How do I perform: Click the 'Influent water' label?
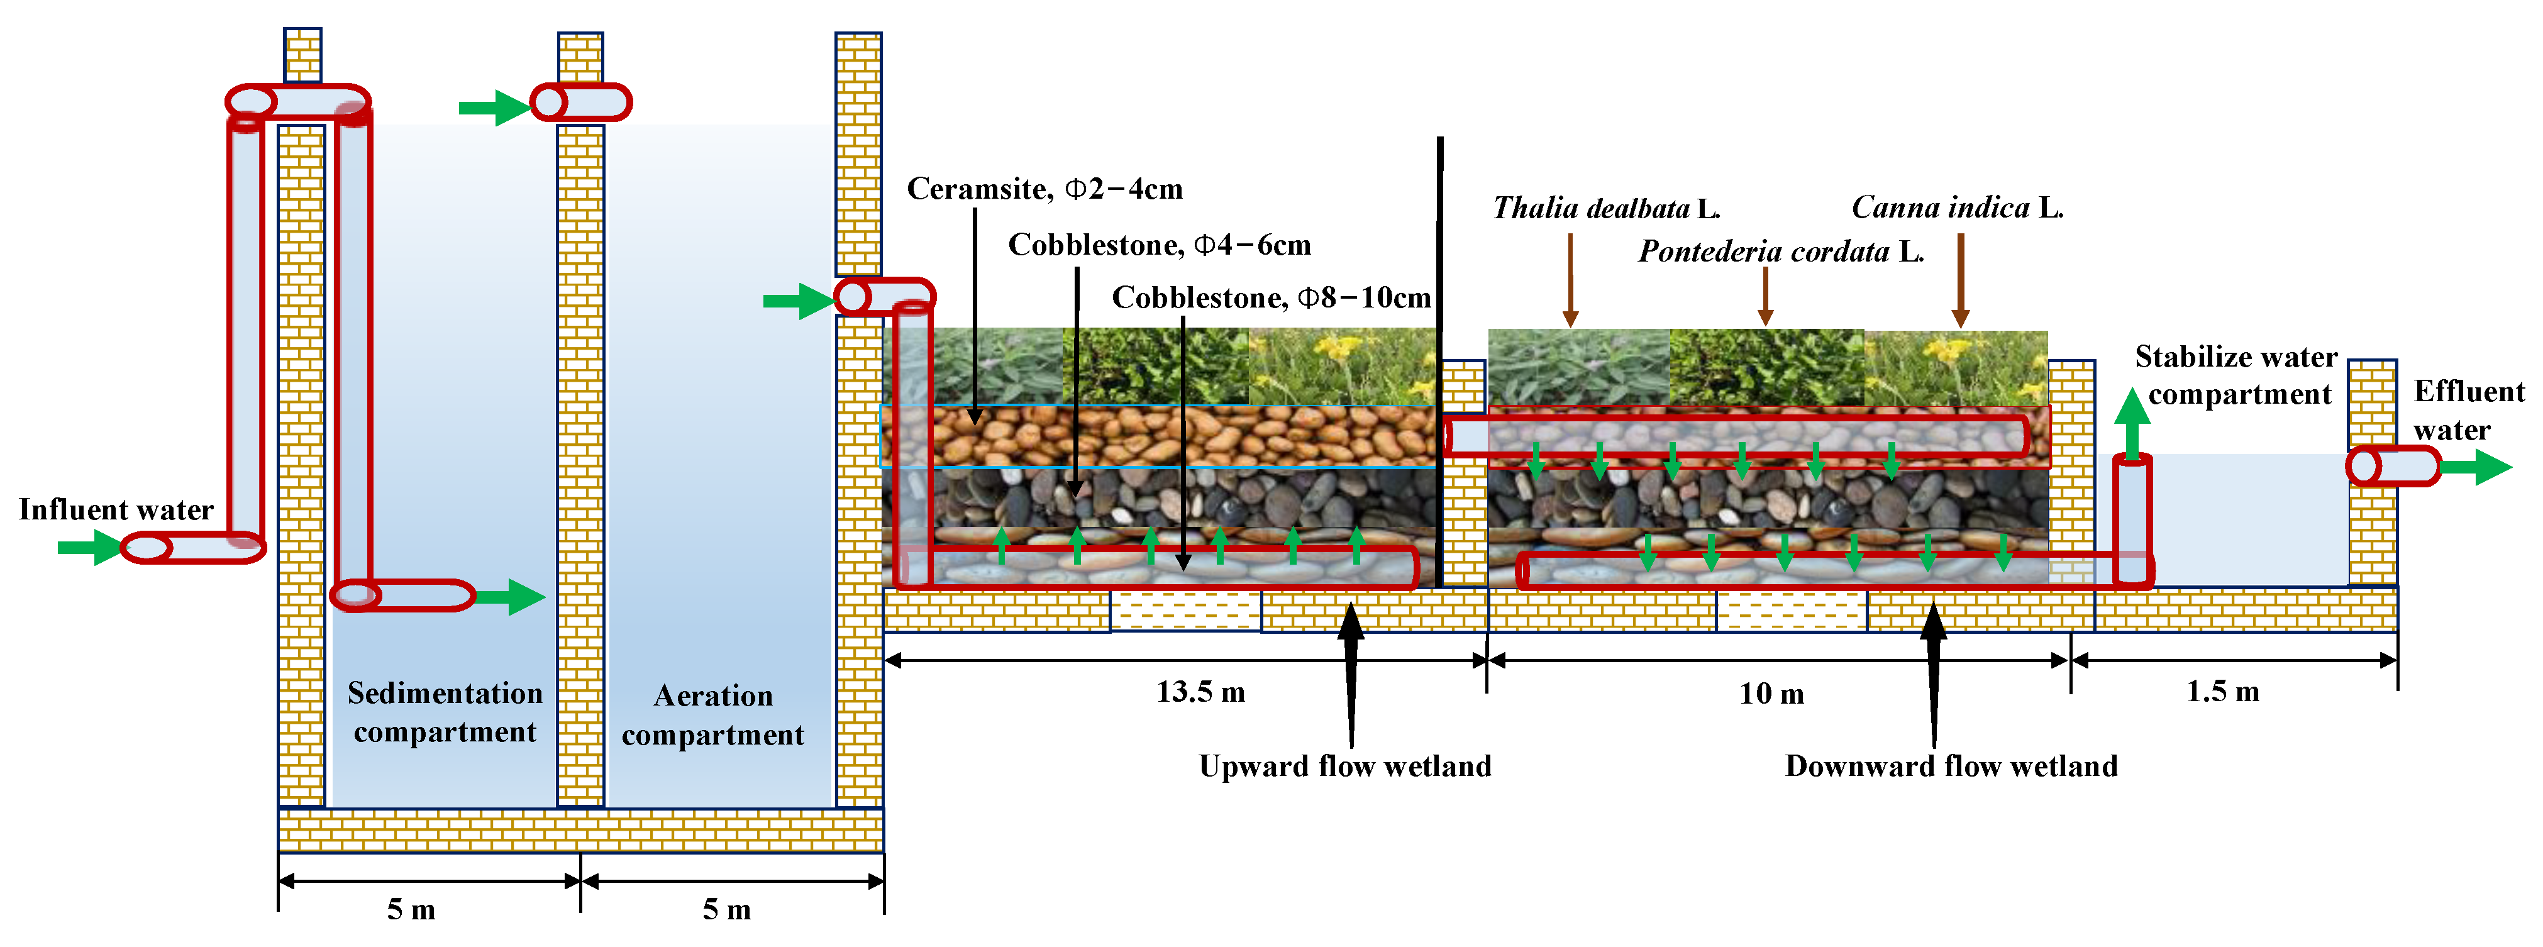point(116,509)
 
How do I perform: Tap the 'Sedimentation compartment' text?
point(445,712)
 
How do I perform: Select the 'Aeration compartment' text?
point(712,715)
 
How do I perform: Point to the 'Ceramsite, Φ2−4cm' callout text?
point(1044,189)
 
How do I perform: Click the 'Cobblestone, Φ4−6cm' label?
point(1159,245)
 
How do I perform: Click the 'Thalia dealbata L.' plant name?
point(1606,208)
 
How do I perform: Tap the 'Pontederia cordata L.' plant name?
point(1781,252)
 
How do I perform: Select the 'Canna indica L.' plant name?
point(1956,208)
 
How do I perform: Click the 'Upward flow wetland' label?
point(1344,767)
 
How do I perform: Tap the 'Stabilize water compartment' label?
point(2237,375)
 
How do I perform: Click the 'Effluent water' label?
point(2468,411)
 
